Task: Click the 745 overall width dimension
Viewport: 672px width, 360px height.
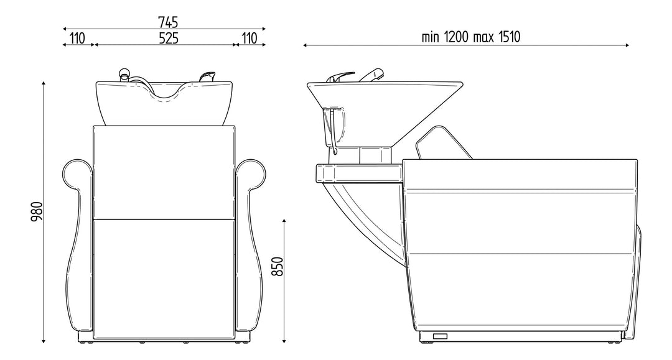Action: (168, 22)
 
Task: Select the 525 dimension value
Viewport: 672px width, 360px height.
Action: (169, 38)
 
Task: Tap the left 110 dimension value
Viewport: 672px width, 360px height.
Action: (77, 38)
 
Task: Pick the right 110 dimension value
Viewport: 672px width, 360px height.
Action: (250, 38)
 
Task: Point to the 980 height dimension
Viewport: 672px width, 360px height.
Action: (37, 211)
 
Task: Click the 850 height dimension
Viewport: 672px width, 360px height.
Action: (278, 266)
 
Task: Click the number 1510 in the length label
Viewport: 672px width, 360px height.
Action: (509, 37)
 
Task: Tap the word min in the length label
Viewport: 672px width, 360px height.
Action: (431, 37)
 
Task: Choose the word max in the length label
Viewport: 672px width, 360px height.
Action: (483, 38)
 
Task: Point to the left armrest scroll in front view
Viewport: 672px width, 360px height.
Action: (77, 174)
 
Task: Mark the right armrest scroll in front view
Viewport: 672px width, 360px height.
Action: (251, 174)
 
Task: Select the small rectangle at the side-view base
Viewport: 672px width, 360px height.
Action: (440, 336)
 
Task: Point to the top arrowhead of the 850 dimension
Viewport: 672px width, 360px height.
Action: (284, 221)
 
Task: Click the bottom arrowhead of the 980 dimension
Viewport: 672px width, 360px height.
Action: (44, 340)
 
